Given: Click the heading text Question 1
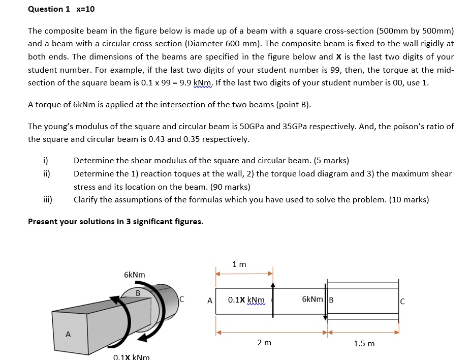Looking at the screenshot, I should pos(49,9).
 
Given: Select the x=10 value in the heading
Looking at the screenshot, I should pos(85,9).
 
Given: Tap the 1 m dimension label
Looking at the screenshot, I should pos(239,264).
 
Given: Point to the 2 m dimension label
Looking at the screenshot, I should pos(264,343).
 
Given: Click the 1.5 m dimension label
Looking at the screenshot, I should pos(364,344).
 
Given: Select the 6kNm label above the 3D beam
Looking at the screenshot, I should pos(134,275).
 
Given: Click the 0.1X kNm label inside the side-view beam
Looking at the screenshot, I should pos(246,300).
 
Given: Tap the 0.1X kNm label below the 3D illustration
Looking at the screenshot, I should pos(131,357).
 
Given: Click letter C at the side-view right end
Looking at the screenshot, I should pos(402,301).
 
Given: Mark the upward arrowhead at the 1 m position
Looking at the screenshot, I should pos(273,285).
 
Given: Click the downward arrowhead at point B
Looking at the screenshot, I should pos(325,317).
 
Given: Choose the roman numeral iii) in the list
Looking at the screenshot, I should pos(47,200).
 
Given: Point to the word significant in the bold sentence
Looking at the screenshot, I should pos(144,221).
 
